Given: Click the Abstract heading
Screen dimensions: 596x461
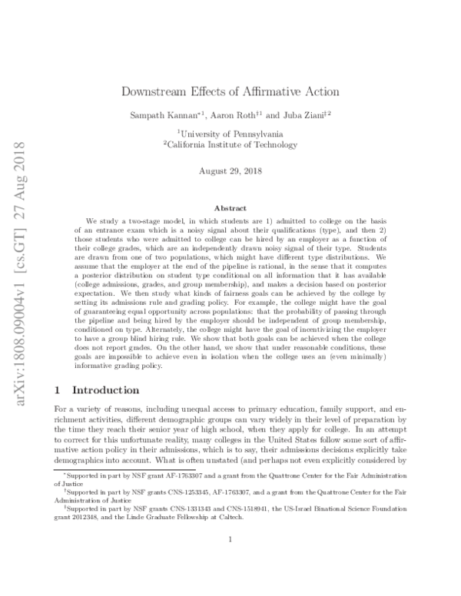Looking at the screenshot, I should click(230, 208).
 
